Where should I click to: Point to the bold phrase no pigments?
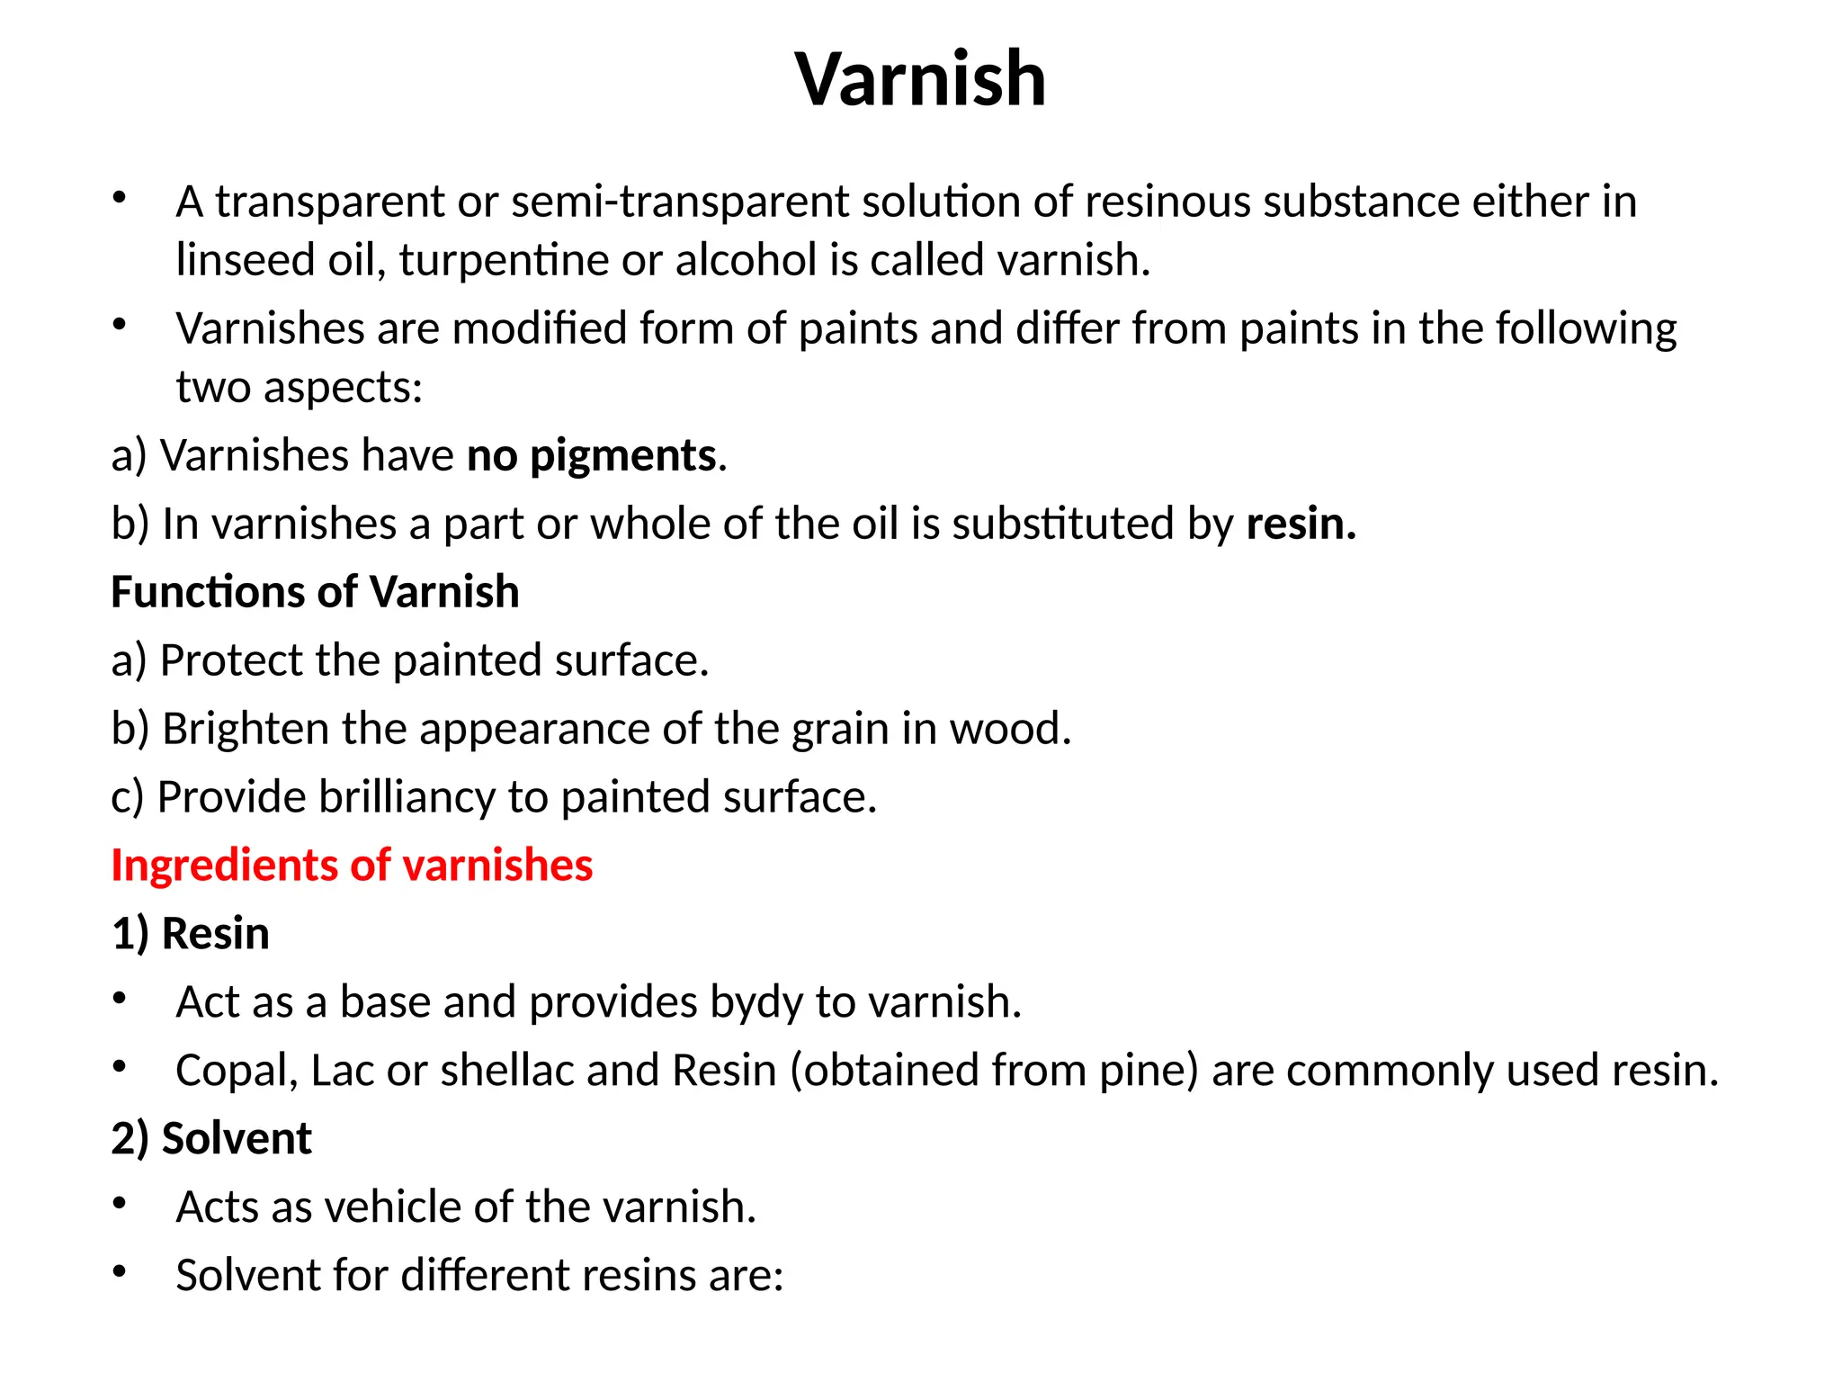coord(592,455)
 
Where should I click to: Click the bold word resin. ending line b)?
coord(1301,524)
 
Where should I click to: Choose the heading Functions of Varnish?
coord(315,592)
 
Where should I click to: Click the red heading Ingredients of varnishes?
coord(352,866)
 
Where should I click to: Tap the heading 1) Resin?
coord(191,934)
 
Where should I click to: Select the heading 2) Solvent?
coord(211,1139)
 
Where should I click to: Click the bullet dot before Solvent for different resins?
coord(120,1272)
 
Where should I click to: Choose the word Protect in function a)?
coord(230,660)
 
